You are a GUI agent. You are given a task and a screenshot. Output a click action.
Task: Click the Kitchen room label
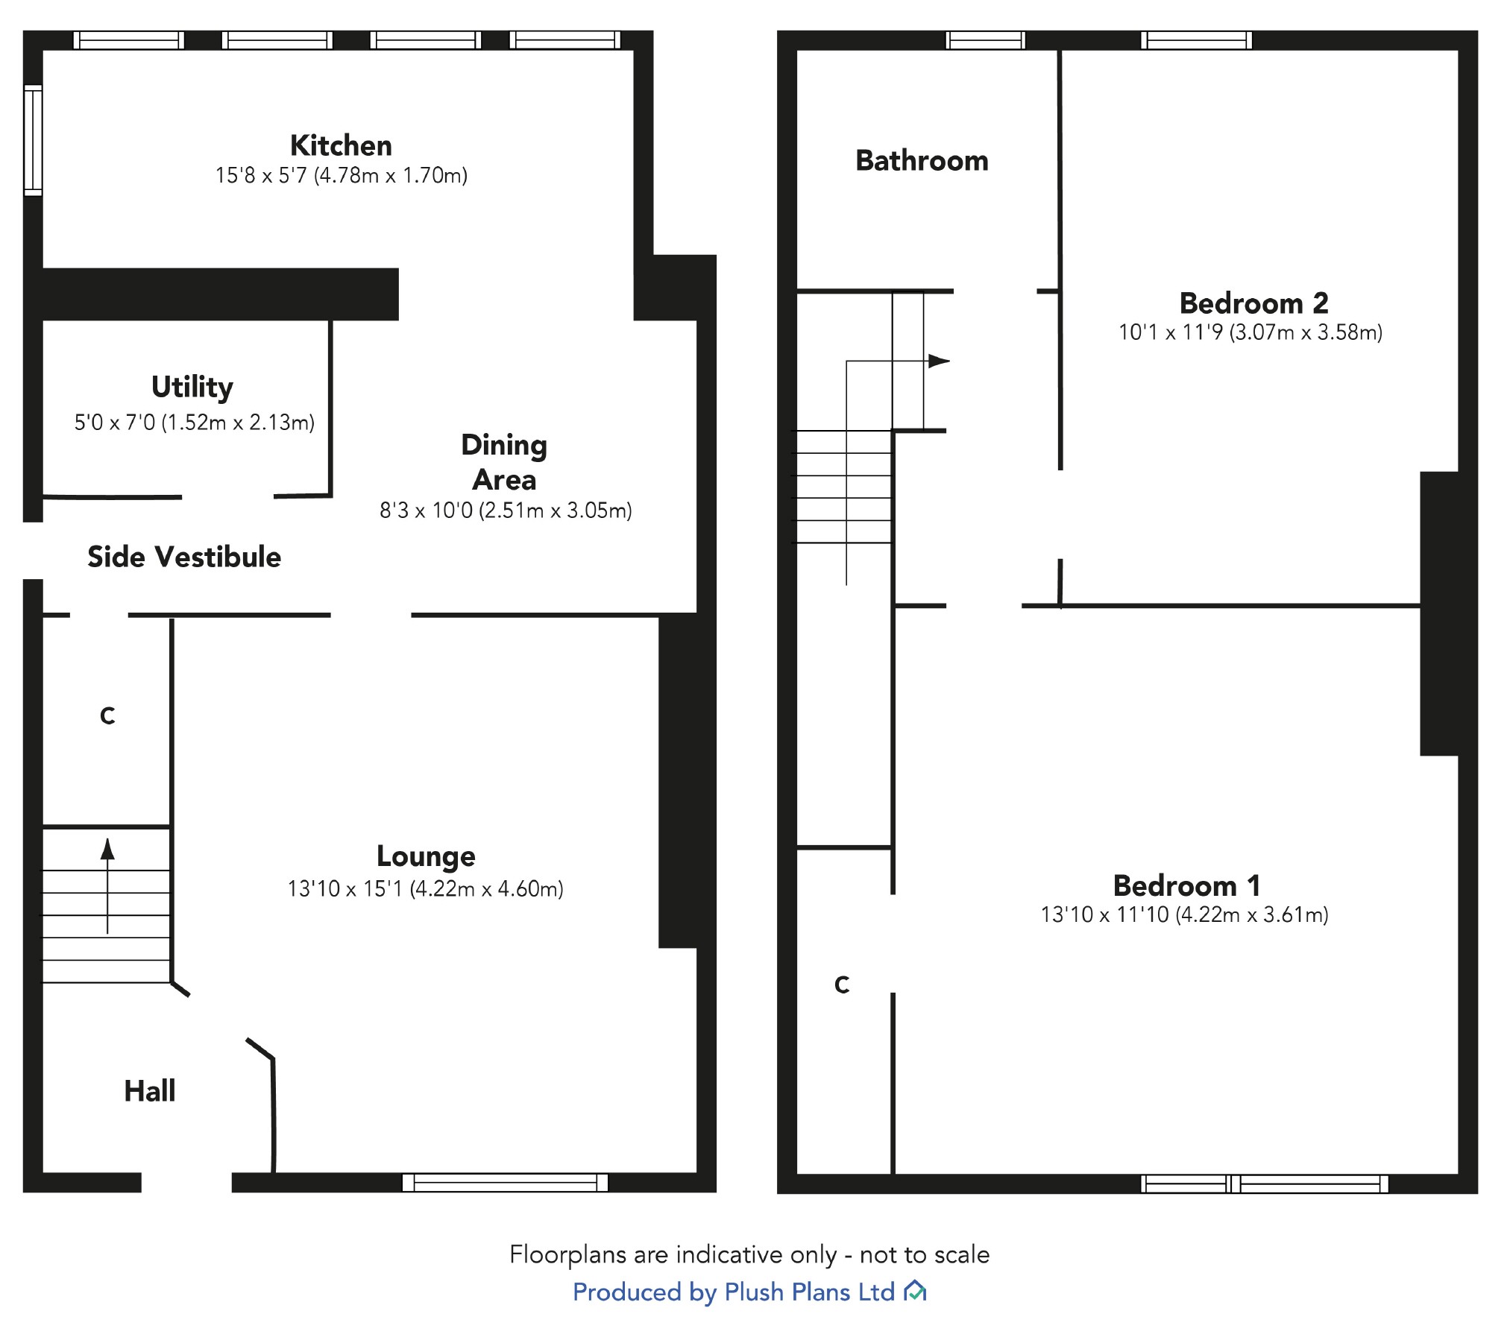coord(341,145)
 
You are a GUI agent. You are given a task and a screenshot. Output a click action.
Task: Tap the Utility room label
coord(192,387)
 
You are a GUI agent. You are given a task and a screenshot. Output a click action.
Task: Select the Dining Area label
coord(504,462)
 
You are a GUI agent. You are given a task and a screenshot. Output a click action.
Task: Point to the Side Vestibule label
coord(184,557)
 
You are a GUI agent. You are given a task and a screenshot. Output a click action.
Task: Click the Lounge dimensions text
coord(425,888)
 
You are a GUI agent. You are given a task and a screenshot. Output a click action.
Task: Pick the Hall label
coord(150,1091)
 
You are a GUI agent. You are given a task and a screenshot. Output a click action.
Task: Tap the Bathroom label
coord(922,161)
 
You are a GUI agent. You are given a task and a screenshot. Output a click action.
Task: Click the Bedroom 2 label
coord(1253,303)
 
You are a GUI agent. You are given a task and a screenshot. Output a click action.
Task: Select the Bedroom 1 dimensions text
coord(1184,914)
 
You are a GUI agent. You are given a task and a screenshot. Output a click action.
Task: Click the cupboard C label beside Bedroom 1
coord(842,985)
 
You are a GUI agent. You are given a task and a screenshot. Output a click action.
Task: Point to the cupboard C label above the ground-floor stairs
coord(107,716)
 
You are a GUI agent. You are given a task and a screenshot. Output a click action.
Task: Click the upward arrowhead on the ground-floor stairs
coord(107,848)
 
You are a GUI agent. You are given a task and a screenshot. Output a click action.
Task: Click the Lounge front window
coord(505,1183)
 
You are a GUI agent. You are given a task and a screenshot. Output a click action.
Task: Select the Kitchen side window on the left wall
coord(33,140)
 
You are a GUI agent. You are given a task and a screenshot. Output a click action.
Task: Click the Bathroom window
coord(985,40)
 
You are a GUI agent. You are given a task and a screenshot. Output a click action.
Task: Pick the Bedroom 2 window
coord(1196,40)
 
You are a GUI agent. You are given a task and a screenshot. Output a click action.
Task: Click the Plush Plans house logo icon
coord(914,1292)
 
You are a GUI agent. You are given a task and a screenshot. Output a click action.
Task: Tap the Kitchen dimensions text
coord(341,176)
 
